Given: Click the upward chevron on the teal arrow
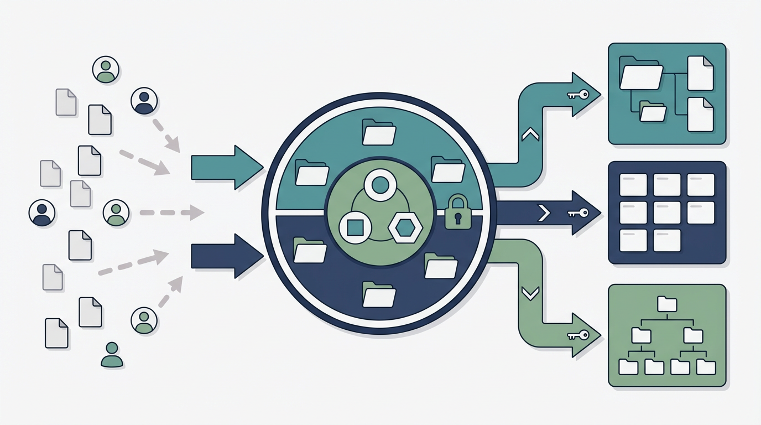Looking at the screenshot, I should tap(530, 134).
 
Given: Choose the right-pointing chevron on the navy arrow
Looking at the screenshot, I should tap(544, 212).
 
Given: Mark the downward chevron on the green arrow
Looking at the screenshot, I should tap(530, 293).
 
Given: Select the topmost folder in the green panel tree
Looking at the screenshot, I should tap(667, 304).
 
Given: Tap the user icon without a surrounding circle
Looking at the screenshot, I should tap(112, 355).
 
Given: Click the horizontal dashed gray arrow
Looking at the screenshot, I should tap(171, 212).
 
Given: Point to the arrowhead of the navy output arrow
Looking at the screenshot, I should tap(587, 212).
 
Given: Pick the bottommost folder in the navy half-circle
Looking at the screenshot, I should tap(379, 294).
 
